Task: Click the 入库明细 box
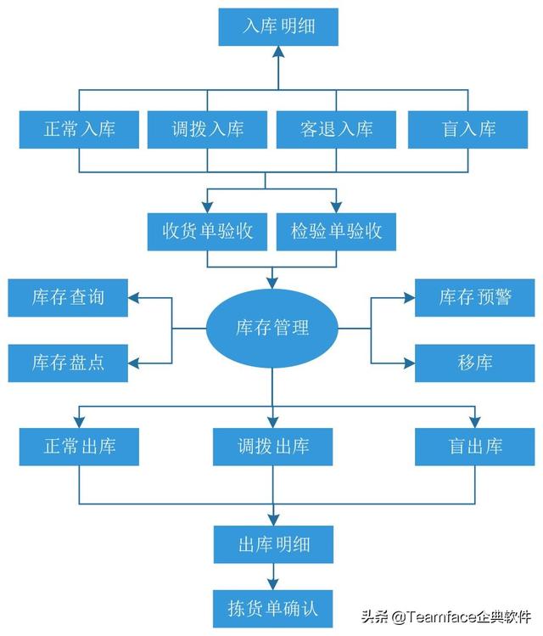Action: click(x=278, y=26)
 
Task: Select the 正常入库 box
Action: click(x=79, y=129)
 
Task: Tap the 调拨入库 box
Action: click(x=208, y=129)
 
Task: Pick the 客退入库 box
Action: click(x=337, y=129)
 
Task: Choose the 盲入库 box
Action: click(x=469, y=129)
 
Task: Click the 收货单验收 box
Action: click(x=208, y=230)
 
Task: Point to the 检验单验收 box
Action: click(x=337, y=230)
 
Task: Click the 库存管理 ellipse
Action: click(x=272, y=327)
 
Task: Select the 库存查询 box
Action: click(x=68, y=297)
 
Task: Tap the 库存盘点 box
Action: click(x=68, y=363)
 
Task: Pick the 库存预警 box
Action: click(x=475, y=297)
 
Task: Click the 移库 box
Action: click(x=475, y=363)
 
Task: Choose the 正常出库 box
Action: click(x=79, y=445)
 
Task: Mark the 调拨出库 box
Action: click(x=272, y=445)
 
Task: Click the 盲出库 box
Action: click(x=475, y=445)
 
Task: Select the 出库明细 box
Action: click(x=272, y=543)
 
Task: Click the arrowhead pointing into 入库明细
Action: click(x=279, y=53)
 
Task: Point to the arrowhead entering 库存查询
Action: click(x=135, y=297)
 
